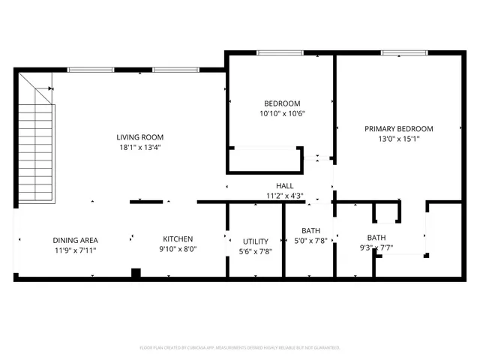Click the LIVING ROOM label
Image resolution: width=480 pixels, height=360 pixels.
pos(139,137)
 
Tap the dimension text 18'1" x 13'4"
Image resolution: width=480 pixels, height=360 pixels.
pos(139,148)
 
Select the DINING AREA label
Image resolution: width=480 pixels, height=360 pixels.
pos(74,240)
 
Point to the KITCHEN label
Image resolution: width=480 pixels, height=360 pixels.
pos(178,238)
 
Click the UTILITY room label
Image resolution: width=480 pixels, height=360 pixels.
pos(255,241)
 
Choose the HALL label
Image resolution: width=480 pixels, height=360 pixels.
pos(284,185)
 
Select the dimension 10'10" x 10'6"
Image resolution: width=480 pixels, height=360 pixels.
pos(282,114)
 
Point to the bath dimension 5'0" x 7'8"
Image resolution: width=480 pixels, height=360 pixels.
pos(310,241)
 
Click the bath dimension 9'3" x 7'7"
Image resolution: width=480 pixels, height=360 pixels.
pos(376,247)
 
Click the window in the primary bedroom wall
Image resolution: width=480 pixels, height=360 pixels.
pos(404,52)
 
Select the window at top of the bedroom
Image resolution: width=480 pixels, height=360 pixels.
pos(279,52)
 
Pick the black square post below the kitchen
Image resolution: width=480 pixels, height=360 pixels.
pos(136,273)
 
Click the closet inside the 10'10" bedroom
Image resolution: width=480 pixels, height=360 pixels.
pos(265,160)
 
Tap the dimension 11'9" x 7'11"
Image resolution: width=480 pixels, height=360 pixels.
pos(74,250)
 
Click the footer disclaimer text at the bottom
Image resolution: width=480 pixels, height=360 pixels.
pos(240,348)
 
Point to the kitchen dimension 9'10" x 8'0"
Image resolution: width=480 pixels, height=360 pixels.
pos(178,249)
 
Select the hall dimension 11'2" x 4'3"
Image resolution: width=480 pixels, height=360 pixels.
pos(284,196)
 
